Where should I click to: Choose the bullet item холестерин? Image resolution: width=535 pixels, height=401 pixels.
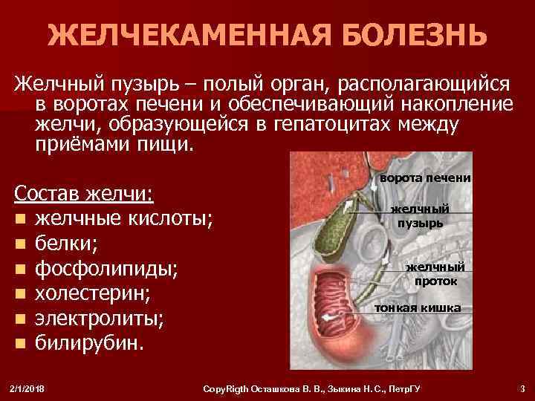coord(94,293)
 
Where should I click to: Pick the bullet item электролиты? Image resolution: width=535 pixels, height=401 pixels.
coord(100,319)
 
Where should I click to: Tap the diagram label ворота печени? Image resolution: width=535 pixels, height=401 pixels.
coord(425,178)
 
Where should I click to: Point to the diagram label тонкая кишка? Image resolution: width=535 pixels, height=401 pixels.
coord(417,307)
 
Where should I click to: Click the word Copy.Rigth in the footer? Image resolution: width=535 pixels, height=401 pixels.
coord(233,388)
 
